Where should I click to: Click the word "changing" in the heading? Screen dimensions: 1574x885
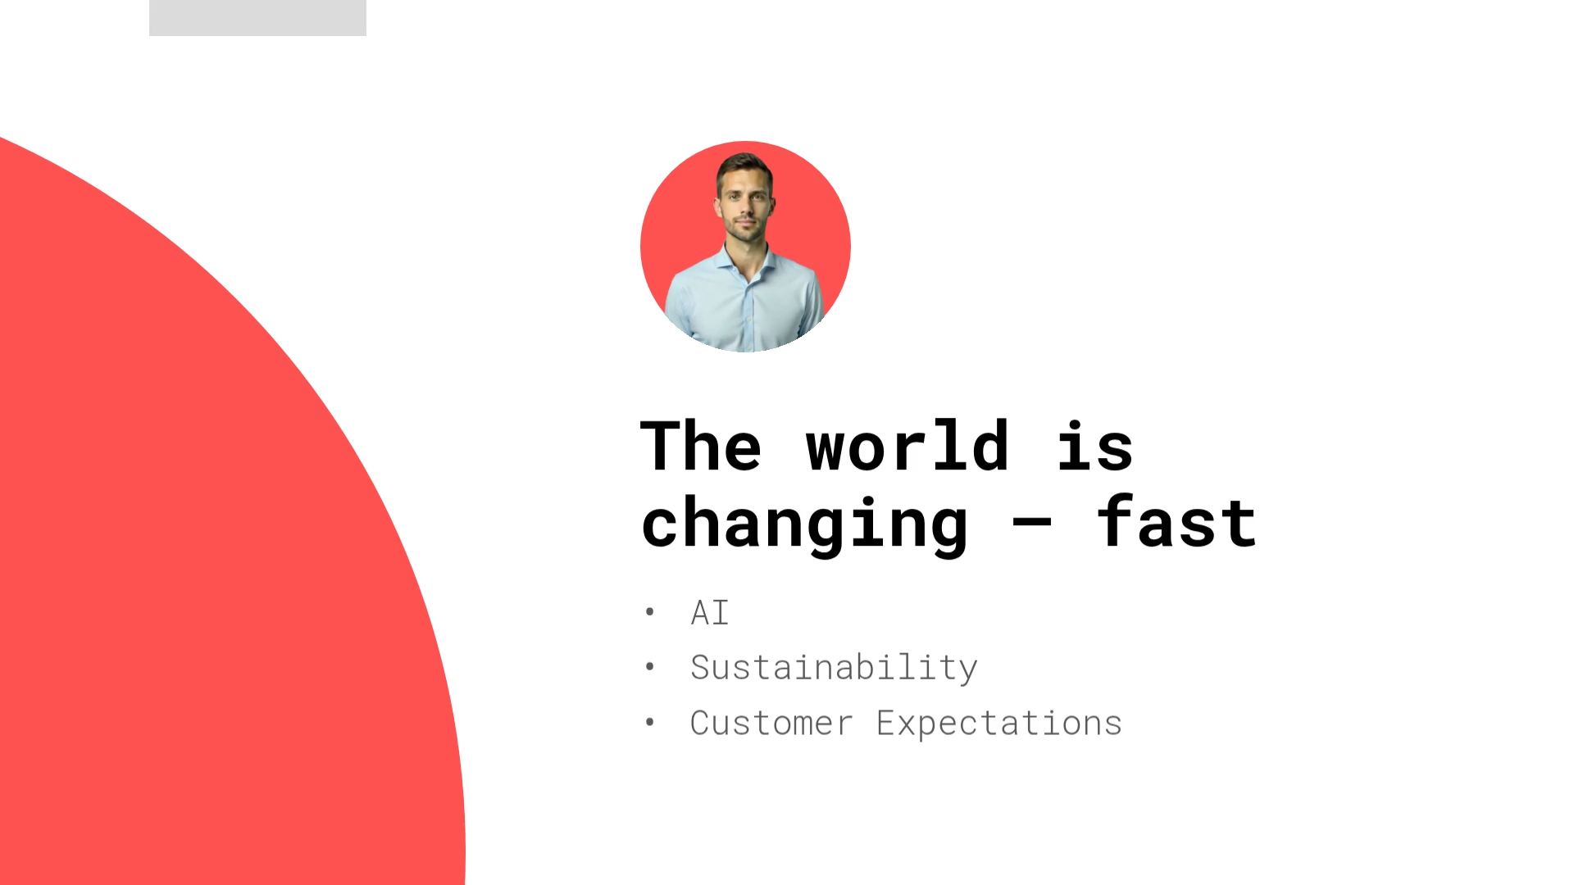tap(804, 525)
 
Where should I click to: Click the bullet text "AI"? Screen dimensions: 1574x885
tap(710, 613)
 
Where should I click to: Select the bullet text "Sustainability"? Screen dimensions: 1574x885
tap(834, 668)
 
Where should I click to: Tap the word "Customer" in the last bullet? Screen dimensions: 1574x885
tap(771, 724)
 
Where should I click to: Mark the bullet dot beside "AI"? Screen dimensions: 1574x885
tap(650, 611)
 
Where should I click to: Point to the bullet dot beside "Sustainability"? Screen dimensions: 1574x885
tap(650, 667)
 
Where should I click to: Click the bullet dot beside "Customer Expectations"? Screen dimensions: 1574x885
tap(650, 722)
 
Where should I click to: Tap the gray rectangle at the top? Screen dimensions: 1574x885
tap(257, 17)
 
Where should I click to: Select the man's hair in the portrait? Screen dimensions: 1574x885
tap(744, 166)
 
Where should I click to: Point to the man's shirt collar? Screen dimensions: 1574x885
tap(746, 261)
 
